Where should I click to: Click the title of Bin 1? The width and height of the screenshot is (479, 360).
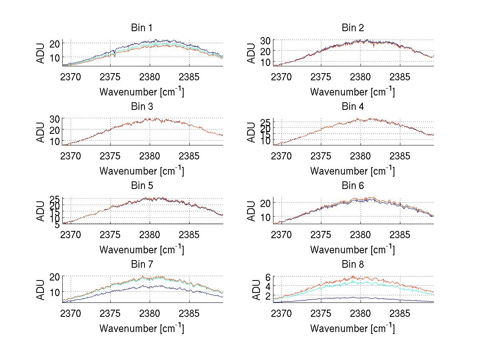click(x=142, y=28)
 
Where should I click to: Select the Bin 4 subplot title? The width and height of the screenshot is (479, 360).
click(x=353, y=107)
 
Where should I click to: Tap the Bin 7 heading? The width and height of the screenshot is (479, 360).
click(x=142, y=265)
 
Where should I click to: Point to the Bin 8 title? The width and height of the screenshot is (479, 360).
click(x=353, y=265)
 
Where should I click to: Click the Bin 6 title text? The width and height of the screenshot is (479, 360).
click(x=353, y=186)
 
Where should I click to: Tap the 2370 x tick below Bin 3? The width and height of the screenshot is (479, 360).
click(x=71, y=155)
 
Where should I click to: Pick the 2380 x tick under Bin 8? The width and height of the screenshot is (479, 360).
click(x=360, y=313)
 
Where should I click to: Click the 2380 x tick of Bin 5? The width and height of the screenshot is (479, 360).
click(x=150, y=235)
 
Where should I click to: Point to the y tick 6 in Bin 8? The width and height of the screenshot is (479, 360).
click(x=269, y=277)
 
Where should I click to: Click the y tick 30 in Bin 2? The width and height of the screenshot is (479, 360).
click(x=266, y=40)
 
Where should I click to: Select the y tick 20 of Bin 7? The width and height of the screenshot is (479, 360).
click(x=55, y=276)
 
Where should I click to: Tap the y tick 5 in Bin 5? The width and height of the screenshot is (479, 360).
click(x=57, y=225)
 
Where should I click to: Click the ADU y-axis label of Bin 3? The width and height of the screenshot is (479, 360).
click(x=41, y=132)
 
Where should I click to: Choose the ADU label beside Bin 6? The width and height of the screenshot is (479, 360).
click(x=252, y=211)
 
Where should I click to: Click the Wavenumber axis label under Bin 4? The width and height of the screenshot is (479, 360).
click(x=352, y=171)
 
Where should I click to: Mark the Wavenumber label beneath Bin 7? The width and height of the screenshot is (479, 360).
click(x=142, y=328)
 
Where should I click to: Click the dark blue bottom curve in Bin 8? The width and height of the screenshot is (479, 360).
click(x=360, y=298)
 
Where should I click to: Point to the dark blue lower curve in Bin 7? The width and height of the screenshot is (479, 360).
click(x=150, y=286)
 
